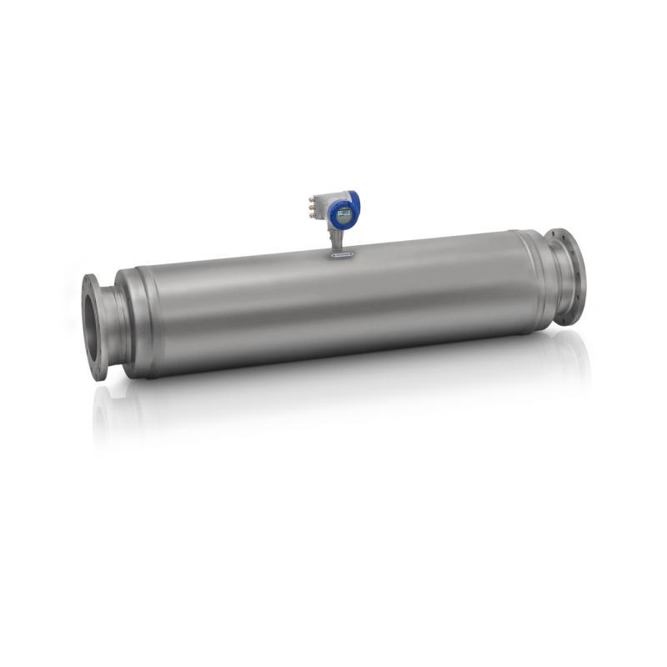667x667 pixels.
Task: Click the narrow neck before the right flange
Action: click(550, 279)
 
